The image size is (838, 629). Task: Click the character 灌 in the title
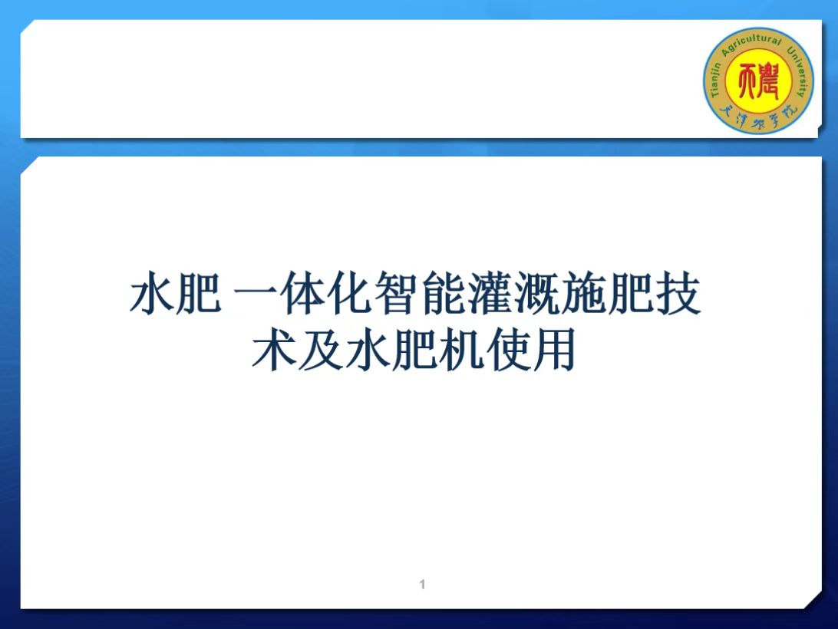[x=490, y=293]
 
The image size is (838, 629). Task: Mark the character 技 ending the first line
[x=678, y=293]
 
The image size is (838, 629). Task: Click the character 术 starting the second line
[x=274, y=350]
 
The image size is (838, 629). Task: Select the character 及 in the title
[x=322, y=350]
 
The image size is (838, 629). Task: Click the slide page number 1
[x=423, y=584]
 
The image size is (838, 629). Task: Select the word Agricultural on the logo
[x=751, y=44]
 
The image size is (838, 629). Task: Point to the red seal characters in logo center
[x=758, y=81]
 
